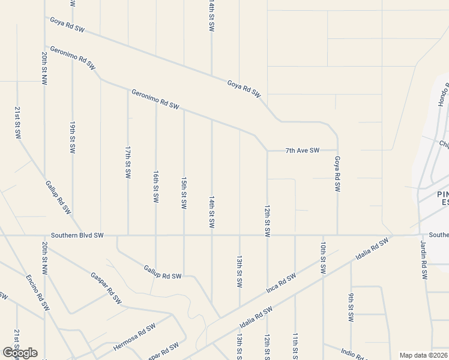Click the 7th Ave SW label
(x=302, y=150)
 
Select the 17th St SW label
(x=128, y=161)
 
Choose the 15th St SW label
(x=184, y=193)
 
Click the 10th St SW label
(x=323, y=257)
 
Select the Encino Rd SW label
(x=38, y=292)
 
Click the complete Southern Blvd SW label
(x=77, y=235)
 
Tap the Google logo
(x=20, y=353)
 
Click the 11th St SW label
(x=295, y=346)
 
